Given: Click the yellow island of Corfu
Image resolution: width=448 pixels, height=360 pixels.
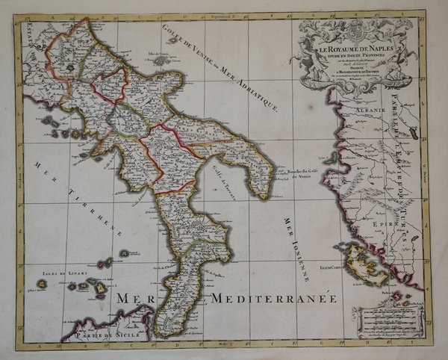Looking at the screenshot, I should [x=365, y=262].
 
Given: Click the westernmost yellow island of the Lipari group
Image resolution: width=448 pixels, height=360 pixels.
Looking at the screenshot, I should [x=42, y=284].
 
